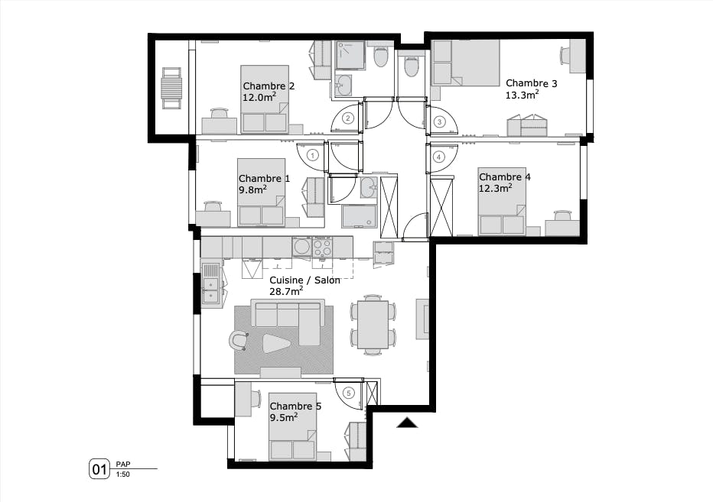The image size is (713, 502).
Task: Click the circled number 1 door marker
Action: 312,154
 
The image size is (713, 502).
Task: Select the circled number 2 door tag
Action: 347,118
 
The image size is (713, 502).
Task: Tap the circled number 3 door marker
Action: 439,121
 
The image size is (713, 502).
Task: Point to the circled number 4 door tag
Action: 439,157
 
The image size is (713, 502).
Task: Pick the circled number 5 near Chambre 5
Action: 349,394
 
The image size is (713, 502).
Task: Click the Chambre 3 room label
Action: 531,83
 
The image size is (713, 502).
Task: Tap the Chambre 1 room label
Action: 264,178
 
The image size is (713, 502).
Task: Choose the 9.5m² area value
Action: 283,418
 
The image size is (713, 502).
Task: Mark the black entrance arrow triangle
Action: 407,423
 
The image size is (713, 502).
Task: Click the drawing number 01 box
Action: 99,469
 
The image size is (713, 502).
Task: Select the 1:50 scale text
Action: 122,474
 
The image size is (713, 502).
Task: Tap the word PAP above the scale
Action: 123,464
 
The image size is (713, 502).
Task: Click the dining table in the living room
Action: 373,324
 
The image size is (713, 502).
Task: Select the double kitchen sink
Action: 210,283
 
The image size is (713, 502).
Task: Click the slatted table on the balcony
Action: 171,89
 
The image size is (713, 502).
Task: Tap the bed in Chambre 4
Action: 502,201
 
